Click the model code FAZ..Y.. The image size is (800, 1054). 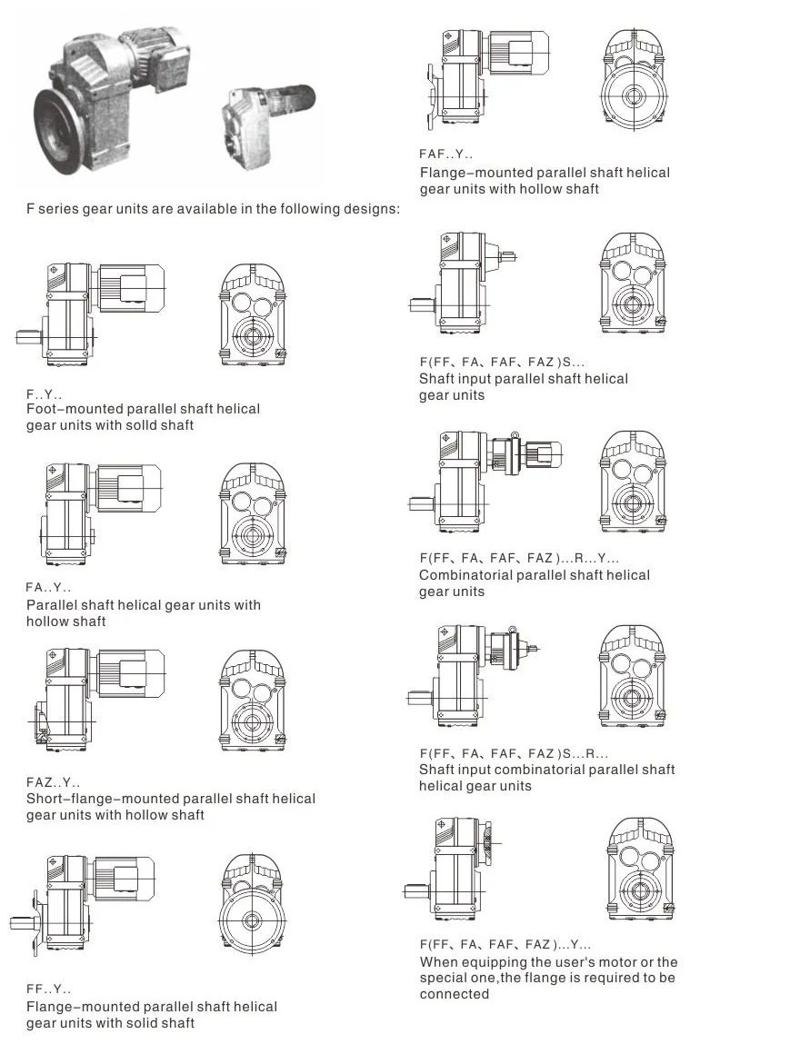click(53, 782)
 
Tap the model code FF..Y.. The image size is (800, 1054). click(48, 989)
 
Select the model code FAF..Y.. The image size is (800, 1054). click(445, 154)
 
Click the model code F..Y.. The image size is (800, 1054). click(44, 394)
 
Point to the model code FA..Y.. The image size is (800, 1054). click(48, 587)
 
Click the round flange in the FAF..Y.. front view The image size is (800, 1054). click(632, 95)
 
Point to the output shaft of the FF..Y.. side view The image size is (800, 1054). click(22, 924)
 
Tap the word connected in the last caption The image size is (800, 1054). click(455, 994)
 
